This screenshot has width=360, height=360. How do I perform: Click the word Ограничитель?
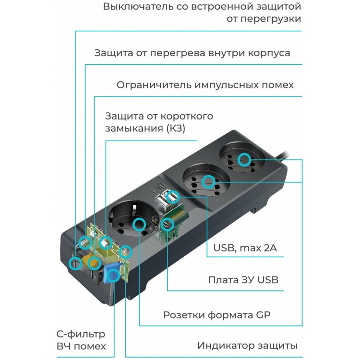click(x=154, y=85)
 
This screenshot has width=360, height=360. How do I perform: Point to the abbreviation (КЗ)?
click(x=175, y=128)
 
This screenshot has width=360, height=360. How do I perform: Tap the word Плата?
click(x=223, y=280)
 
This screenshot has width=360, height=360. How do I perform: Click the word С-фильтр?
click(x=81, y=335)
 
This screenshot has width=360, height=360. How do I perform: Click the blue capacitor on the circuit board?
click(x=111, y=274)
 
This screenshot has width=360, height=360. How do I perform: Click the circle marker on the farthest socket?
click(x=244, y=160)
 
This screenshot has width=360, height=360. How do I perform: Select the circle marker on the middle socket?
click(x=208, y=182)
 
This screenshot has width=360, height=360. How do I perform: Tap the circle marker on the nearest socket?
click(x=139, y=225)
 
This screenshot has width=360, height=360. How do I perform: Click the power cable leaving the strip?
click(x=282, y=154)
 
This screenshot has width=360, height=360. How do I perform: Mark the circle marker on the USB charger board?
click(x=167, y=225)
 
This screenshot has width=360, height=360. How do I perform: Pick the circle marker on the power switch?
click(x=75, y=263)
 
